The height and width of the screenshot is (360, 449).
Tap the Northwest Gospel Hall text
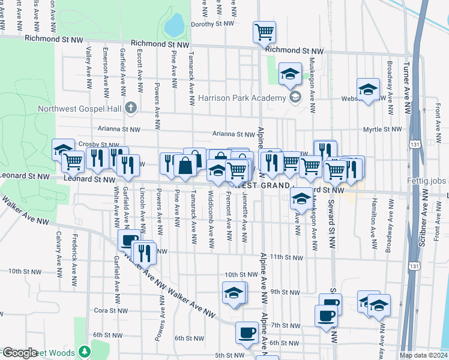click(80, 109)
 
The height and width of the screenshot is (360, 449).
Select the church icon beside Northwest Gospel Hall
click(131, 109)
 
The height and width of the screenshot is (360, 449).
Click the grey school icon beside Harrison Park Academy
click(295, 97)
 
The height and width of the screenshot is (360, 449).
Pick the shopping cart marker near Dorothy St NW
click(265, 32)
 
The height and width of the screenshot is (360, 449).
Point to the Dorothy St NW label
click(211, 25)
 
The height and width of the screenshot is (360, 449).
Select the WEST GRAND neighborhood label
click(262, 185)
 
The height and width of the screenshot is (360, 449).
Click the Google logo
click(19, 353)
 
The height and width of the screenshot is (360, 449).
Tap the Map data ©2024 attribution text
click(423, 355)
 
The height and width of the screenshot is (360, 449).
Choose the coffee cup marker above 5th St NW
click(246, 332)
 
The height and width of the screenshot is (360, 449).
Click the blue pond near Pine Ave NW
click(175, 25)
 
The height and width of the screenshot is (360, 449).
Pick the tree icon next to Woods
click(85, 350)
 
